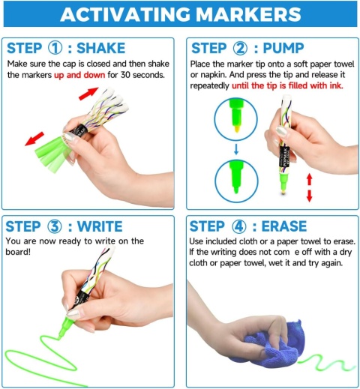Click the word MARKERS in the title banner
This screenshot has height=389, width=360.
coord(248,14)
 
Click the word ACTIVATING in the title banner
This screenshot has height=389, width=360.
coord(125,14)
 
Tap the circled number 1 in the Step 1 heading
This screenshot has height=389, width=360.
coord(55,48)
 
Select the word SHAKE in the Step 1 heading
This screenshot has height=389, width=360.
coord(100,48)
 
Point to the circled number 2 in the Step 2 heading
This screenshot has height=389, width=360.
coord(240,48)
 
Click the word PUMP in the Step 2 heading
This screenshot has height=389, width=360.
coord(283,48)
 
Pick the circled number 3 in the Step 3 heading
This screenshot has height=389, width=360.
coord(54,226)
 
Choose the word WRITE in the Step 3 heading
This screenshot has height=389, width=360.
coord(100,226)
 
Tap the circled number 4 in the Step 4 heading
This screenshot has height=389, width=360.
coord(239,226)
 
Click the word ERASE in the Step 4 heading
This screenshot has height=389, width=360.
coord(284,226)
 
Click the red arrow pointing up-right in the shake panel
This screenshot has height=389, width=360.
coord(88,94)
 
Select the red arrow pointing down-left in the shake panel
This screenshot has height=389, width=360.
coord(34,139)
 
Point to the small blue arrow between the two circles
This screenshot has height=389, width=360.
coord(236,149)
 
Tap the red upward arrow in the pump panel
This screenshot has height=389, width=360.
coord(310,179)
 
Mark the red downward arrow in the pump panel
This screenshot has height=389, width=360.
coord(310,196)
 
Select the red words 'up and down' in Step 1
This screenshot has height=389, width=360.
coord(79,75)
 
